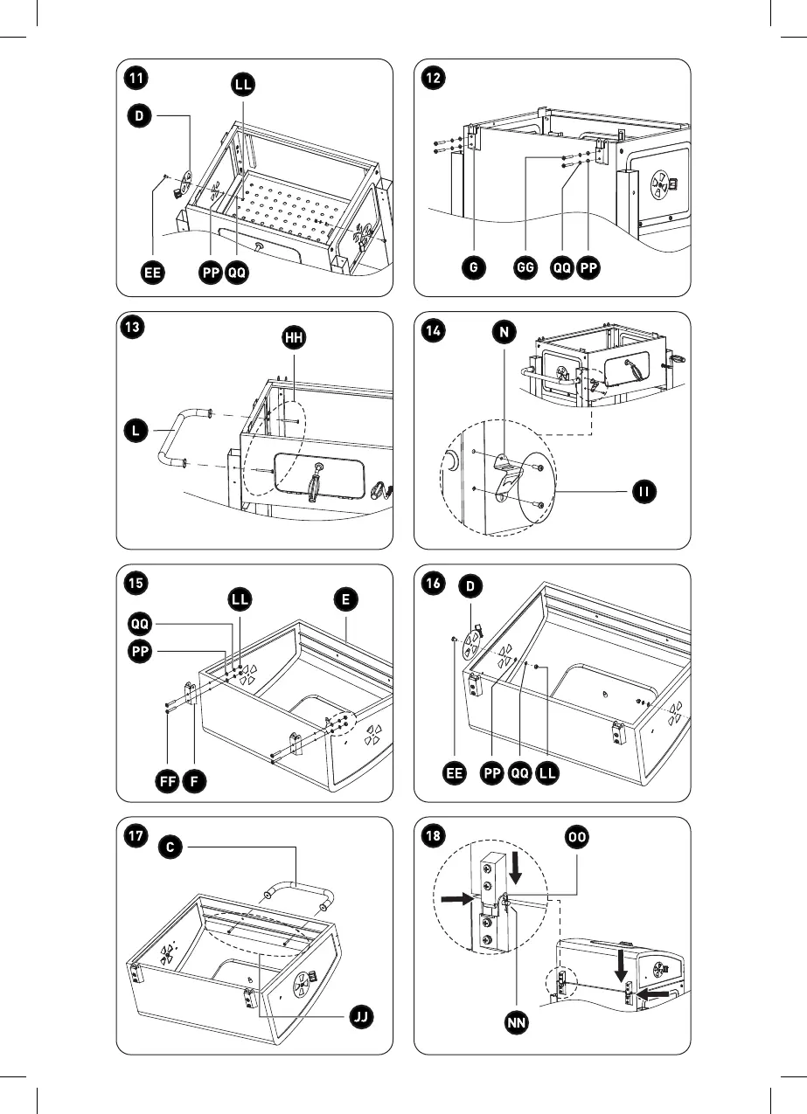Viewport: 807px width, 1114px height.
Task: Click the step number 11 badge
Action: tap(136, 77)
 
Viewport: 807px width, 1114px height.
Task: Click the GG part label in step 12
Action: tap(525, 269)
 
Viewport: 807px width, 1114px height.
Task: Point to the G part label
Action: tap(473, 269)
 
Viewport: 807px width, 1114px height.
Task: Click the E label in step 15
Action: tap(346, 599)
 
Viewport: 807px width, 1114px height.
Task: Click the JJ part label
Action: tap(358, 1017)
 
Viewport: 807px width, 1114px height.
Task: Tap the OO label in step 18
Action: tap(577, 838)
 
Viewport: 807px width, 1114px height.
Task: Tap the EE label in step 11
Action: tap(154, 273)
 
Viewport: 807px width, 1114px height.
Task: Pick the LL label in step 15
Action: tap(240, 599)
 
